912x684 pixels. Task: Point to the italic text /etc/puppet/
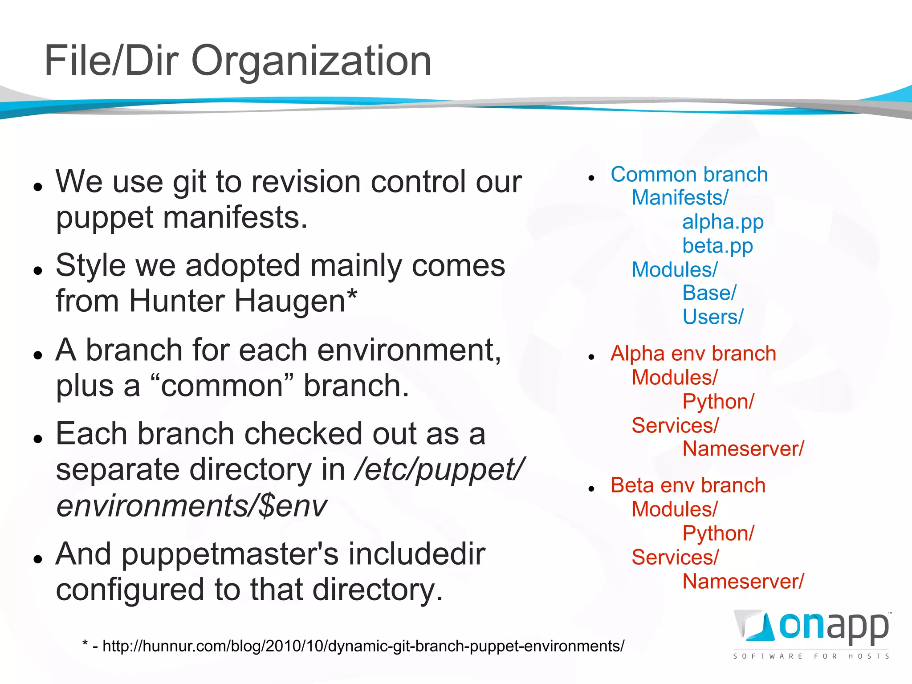(x=439, y=470)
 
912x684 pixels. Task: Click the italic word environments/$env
(x=191, y=506)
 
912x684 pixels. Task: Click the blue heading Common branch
(x=689, y=175)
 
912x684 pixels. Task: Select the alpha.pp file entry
(x=722, y=222)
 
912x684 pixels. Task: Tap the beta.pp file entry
(x=717, y=246)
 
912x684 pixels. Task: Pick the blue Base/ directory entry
(x=709, y=293)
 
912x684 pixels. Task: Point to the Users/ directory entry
(x=712, y=317)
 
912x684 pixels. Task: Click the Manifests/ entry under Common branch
(x=680, y=198)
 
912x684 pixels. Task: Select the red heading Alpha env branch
(x=693, y=354)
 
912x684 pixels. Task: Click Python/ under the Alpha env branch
(x=718, y=402)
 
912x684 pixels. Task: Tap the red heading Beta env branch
(x=688, y=485)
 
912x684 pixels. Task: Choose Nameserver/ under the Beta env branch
(x=743, y=582)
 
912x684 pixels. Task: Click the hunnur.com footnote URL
(x=363, y=646)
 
